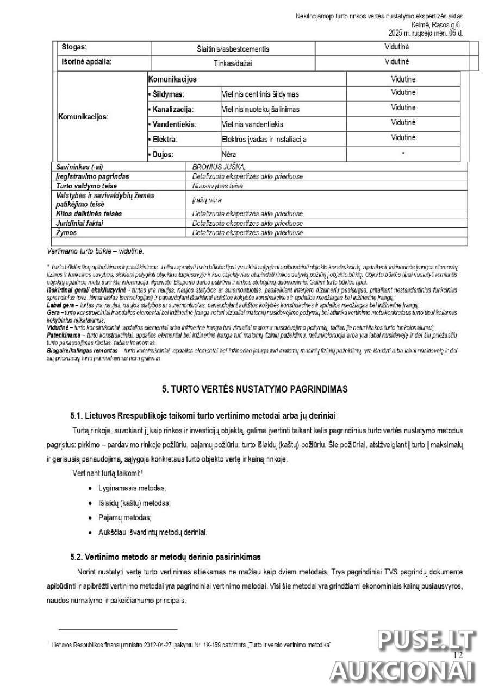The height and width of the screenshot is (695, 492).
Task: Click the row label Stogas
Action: pyautogui.click(x=74, y=48)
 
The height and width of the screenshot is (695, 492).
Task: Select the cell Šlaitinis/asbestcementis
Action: pyautogui.click(x=233, y=49)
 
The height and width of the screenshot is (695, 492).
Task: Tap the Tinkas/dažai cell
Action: pyautogui.click(x=233, y=63)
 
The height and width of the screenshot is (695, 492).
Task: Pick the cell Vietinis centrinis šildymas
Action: pyautogui.click(x=260, y=94)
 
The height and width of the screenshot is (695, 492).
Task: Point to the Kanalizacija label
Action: pyautogui.click(x=171, y=109)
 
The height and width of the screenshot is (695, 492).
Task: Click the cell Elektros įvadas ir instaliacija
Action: pyautogui.click(x=264, y=139)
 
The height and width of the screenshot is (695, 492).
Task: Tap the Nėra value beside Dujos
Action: pyautogui.click(x=229, y=154)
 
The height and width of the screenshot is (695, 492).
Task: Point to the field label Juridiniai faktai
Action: pyautogui.click(x=80, y=223)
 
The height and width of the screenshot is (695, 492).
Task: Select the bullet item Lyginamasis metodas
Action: pyautogui.click(x=133, y=488)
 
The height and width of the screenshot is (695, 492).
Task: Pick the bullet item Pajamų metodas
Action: pyautogui.click(x=125, y=517)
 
